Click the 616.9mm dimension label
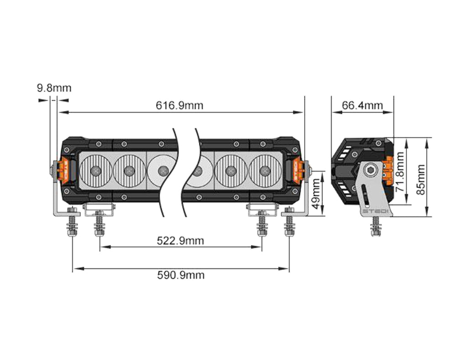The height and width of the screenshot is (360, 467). point(179,106)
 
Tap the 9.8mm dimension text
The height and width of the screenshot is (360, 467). point(54,88)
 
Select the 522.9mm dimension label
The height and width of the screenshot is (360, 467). point(181,241)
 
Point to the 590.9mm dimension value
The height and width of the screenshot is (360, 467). point(181,275)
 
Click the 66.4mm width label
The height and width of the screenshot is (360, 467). point(362,106)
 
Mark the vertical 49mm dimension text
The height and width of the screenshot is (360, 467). point(315,193)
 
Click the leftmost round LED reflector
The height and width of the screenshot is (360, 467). point(95,170)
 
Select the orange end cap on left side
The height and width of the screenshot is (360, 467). point(62,170)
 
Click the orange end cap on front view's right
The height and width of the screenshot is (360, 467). point(298,170)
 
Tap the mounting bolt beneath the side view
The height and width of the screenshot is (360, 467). point(375,226)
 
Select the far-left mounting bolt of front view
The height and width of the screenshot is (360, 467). point(72,223)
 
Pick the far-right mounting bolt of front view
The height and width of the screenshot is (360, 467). point(289,223)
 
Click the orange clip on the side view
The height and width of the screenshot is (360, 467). point(388,170)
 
